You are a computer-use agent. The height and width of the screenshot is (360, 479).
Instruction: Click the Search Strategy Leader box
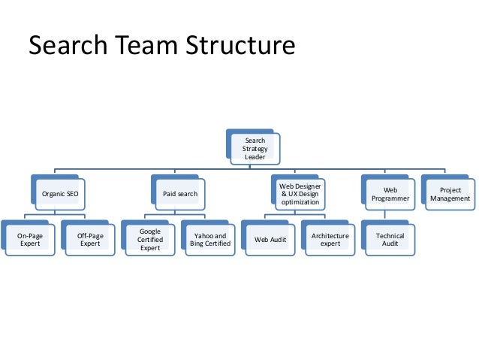point(255,148)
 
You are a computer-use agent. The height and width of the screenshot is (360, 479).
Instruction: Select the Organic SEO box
point(60,193)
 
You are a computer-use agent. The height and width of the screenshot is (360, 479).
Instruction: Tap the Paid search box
point(180,193)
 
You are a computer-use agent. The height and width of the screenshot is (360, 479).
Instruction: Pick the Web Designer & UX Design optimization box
point(300,193)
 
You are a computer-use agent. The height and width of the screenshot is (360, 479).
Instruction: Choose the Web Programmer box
point(390,193)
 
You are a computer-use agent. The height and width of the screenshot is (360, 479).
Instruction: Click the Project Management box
point(450,193)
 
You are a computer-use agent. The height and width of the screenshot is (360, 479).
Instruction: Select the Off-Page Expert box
point(90,240)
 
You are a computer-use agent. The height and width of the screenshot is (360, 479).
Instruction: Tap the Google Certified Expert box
point(150,240)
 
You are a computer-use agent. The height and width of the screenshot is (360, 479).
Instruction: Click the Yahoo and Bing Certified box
point(209,240)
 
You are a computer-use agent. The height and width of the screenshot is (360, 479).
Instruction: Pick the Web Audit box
point(270,240)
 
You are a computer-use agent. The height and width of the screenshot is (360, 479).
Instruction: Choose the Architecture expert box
point(330,240)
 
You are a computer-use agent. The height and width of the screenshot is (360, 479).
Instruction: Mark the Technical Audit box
point(390,240)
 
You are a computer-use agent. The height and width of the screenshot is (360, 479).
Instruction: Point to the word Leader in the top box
point(255,157)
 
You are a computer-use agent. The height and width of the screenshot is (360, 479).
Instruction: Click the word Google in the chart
point(150,231)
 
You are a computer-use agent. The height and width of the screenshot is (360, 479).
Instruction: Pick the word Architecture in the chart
point(330,236)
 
